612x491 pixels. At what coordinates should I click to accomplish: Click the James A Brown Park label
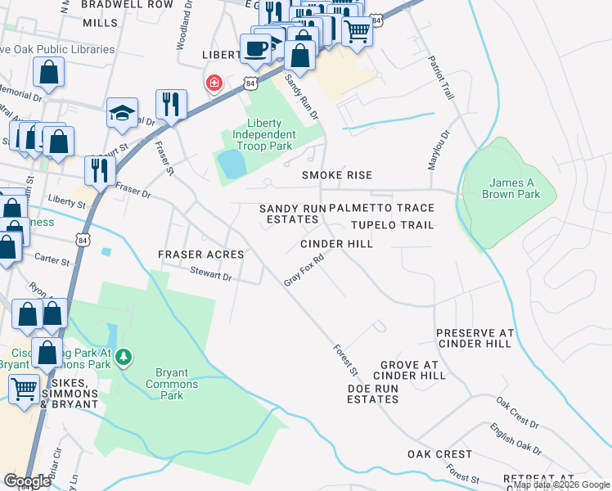[x=511, y=188]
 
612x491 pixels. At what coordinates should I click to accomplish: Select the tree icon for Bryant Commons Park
[x=124, y=357]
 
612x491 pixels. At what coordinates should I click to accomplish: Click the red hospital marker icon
[x=214, y=83]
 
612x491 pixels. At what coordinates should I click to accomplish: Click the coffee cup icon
[x=255, y=48]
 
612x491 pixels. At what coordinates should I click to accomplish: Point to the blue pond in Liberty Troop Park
[x=232, y=164]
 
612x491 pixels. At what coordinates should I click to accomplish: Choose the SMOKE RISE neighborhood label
[x=336, y=175]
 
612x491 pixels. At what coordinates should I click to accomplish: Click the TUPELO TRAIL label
[x=392, y=225]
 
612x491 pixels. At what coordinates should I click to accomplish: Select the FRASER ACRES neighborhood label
[x=201, y=255]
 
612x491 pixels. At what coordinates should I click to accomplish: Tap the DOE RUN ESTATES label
[x=372, y=394]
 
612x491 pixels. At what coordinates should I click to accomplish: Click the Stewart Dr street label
[x=211, y=276]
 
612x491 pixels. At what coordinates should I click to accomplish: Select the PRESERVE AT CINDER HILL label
[x=475, y=338]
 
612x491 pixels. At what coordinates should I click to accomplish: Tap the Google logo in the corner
[x=27, y=481]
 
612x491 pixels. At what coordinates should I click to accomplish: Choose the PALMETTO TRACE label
[x=381, y=209]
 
